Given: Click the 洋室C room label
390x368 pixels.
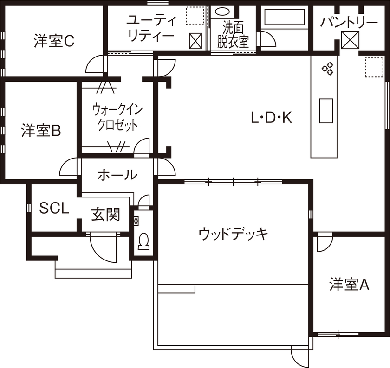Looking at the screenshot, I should (x=54, y=41).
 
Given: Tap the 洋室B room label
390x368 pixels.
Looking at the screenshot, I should (x=41, y=131).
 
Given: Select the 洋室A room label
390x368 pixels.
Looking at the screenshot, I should (x=349, y=285).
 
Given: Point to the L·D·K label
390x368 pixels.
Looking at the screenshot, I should (x=271, y=118).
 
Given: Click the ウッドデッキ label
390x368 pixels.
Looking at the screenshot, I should (x=234, y=234).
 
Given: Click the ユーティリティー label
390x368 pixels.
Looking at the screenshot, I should (x=151, y=29).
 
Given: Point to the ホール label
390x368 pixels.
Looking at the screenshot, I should (x=117, y=175).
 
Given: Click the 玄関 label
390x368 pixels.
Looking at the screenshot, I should (x=105, y=215).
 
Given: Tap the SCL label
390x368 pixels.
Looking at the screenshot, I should (x=54, y=208).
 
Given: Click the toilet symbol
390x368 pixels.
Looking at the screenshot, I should (x=143, y=241).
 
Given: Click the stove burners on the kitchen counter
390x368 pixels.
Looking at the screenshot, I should (x=328, y=69).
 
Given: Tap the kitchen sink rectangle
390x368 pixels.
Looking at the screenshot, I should (x=326, y=111).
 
